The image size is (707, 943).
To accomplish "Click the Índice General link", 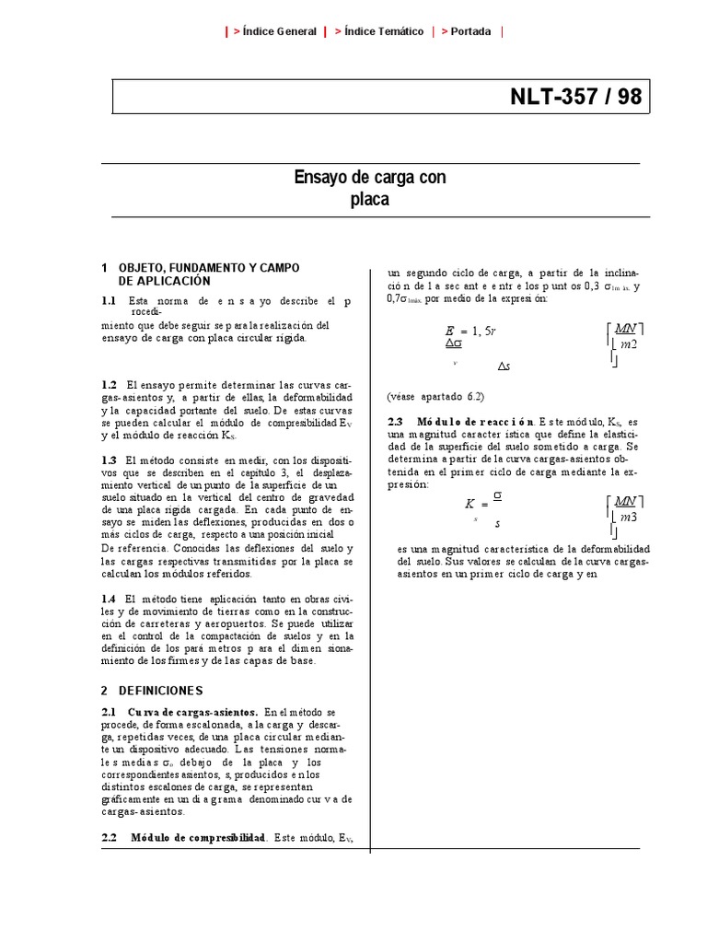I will coord(274,31).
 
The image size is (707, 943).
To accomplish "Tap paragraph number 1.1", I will coord(109,301).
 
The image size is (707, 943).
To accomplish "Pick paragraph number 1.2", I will coord(109,385).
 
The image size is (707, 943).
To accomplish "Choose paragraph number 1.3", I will coord(109,459).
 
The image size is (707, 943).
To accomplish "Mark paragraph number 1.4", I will coord(109,599).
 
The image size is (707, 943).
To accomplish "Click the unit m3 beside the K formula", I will coord(628,518).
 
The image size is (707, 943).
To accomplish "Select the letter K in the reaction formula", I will coord(469,505).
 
